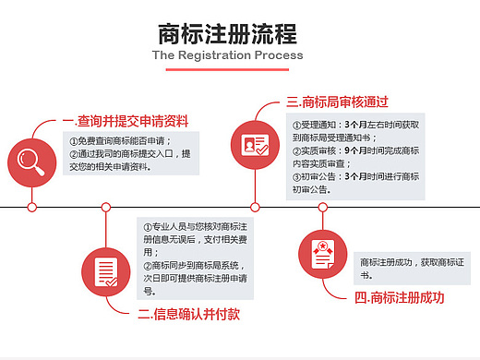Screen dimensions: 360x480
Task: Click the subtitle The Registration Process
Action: point(227,55)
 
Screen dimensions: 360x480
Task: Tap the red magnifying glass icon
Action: point(31,160)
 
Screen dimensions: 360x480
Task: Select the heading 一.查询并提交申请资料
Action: point(126,121)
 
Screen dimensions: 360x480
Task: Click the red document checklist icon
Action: point(107,270)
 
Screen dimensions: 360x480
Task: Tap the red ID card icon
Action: point(255,144)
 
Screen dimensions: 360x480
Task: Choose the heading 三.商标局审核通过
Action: point(337,102)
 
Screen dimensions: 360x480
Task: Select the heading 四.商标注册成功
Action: point(400,298)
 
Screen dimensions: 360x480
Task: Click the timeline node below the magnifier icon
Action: point(31,207)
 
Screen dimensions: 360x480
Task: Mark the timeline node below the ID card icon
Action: point(255,207)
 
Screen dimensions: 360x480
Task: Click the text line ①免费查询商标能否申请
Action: point(121,140)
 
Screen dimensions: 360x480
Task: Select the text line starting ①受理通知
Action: point(355,124)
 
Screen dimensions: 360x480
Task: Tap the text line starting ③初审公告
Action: point(355,176)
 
